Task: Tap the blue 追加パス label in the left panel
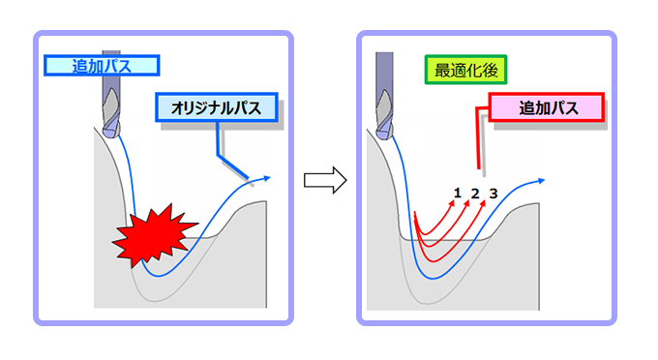pyautogui.click(x=101, y=66)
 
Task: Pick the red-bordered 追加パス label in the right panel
pyautogui.click(x=548, y=108)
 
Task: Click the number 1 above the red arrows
pyautogui.click(x=456, y=194)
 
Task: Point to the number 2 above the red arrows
pyautogui.click(x=474, y=194)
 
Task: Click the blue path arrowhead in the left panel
pyautogui.click(x=265, y=179)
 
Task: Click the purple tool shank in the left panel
pyautogui.click(x=108, y=92)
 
